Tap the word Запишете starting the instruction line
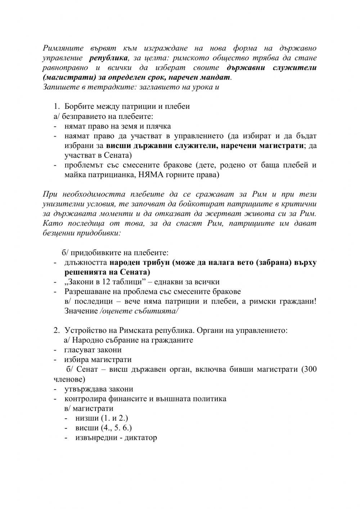click(x=58, y=87)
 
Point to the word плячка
click(x=159, y=126)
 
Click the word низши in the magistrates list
click(x=86, y=418)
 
